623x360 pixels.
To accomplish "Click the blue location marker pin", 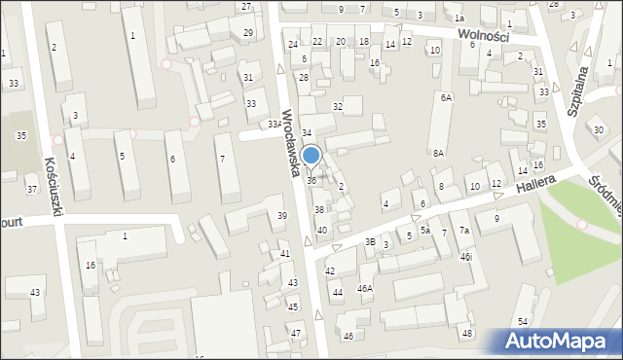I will pos(311,156).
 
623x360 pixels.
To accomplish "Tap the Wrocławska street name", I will pos(290,140).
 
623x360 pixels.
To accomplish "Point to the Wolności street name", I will pos(485,37).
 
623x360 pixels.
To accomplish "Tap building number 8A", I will pos(439,154).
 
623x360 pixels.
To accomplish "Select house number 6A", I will pos(446,97).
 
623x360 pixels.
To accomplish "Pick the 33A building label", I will pos(275,125).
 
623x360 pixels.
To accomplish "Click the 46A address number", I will pos(364,288).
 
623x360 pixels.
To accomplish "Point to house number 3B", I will pos(370,241).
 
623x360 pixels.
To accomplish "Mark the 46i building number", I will pos(466,257).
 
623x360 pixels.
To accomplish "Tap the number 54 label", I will pos(523,321).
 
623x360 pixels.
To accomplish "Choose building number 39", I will pos(282,215).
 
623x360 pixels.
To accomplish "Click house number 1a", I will pos(458,18).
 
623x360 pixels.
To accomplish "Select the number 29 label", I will pos(248,33).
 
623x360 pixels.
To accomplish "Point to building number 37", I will pos(31,189).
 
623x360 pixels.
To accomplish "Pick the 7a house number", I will pos(464,231).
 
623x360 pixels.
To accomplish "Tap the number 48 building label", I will pos(467,334).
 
